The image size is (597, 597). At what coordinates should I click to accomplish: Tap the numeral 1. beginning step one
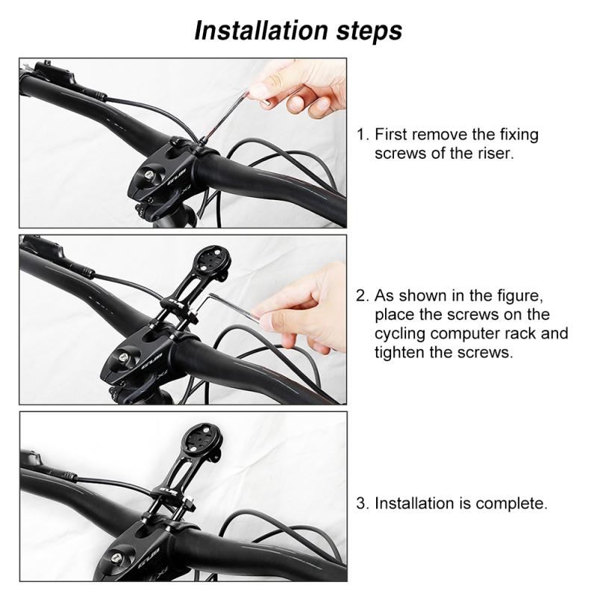click(363, 135)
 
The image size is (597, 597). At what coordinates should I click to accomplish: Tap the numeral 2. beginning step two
click(363, 295)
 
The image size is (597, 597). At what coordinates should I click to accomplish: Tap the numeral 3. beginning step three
click(363, 504)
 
